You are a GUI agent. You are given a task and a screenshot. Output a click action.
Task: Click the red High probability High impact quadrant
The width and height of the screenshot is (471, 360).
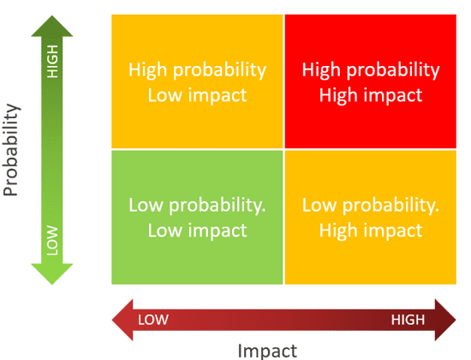(x=370, y=81)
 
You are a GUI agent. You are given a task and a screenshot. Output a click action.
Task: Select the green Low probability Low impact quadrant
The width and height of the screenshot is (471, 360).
(x=197, y=218)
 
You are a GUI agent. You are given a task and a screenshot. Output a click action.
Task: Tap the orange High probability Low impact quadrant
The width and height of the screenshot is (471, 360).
(x=197, y=81)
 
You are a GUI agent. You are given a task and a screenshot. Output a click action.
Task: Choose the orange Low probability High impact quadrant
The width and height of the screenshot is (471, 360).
(x=370, y=218)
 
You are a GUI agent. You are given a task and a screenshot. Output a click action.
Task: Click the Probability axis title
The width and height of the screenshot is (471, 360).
(x=11, y=150)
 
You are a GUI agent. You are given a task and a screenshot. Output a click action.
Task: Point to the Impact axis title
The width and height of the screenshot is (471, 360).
(x=267, y=351)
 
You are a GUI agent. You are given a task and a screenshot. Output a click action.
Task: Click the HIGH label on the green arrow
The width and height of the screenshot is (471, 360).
(x=52, y=62)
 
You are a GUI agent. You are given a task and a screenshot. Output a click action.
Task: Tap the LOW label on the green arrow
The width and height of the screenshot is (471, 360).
(x=52, y=240)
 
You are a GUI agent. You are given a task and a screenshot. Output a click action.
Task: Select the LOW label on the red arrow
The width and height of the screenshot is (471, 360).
(x=153, y=320)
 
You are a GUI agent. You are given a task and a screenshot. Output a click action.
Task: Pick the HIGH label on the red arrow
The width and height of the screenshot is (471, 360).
(x=408, y=320)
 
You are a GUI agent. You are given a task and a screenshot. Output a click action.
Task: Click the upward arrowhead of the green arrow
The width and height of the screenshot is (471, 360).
(x=52, y=27)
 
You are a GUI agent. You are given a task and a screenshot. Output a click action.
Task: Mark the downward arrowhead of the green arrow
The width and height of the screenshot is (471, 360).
(x=52, y=274)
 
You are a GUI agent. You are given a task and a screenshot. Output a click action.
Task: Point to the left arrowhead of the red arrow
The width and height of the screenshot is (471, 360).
(x=122, y=320)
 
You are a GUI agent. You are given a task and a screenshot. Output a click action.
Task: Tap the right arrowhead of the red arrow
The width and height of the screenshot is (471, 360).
(x=446, y=320)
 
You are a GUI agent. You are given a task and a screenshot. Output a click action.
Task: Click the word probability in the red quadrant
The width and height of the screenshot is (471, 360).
(x=393, y=70)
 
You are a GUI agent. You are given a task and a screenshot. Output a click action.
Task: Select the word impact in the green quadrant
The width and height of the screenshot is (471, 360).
(x=218, y=231)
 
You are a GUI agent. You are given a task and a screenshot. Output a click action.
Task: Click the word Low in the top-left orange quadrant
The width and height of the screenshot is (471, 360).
(x=165, y=95)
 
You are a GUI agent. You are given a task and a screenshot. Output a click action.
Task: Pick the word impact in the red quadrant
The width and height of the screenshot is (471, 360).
(x=393, y=95)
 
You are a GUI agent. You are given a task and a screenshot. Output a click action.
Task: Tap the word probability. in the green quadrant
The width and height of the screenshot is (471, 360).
(x=218, y=206)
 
